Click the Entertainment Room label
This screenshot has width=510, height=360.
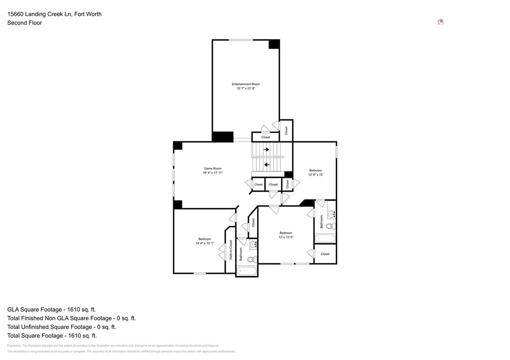click(x=246, y=84)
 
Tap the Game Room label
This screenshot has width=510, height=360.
click(x=213, y=168)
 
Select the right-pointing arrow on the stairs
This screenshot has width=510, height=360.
click(x=266, y=149)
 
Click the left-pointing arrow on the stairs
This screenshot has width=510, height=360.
click(x=266, y=165)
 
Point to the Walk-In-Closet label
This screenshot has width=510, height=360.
click(x=231, y=250)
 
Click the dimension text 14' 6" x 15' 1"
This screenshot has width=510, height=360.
click(x=205, y=243)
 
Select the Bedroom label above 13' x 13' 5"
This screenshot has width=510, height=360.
click(x=285, y=233)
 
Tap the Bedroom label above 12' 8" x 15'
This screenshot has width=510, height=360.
click(x=315, y=170)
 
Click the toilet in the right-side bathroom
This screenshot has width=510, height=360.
click(x=330, y=226)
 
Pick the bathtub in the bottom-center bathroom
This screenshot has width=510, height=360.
click(x=247, y=271)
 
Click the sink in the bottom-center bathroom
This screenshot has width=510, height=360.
click(x=253, y=244)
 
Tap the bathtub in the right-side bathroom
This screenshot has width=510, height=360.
click(x=325, y=239)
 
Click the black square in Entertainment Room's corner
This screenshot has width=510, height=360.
click(x=274, y=44)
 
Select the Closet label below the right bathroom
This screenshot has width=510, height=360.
click(x=325, y=254)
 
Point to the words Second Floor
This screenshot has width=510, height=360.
click(x=24, y=23)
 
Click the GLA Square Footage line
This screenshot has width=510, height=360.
click(x=51, y=309)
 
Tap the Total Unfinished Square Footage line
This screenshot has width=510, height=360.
click(x=61, y=327)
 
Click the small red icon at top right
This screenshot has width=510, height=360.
click(x=440, y=22)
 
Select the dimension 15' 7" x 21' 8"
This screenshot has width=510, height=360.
click(x=246, y=89)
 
